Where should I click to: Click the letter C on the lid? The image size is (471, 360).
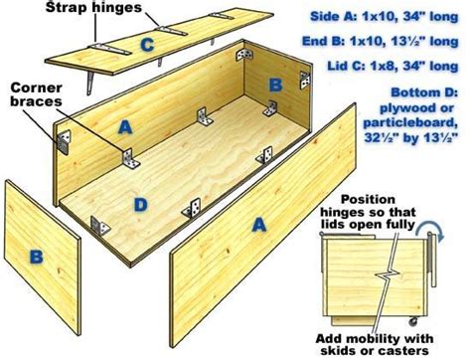point(147,45)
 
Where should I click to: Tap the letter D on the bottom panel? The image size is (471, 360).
point(141,205)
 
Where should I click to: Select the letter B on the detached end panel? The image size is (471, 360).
point(37,257)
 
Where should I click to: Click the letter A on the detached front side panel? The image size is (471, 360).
point(259,225)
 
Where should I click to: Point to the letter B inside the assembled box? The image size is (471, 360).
point(275,85)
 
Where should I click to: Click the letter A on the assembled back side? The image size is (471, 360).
point(125,127)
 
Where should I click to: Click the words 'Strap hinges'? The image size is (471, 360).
point(93,7)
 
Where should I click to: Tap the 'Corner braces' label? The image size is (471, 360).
point(36,94)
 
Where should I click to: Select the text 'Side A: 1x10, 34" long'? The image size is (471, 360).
point(385,16)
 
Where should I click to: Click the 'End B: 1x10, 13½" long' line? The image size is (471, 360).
point(381,41)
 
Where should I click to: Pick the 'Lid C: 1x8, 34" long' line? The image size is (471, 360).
point(393,66)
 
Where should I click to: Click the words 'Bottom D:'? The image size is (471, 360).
point(424,92)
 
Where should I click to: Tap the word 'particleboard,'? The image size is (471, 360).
point(410,122)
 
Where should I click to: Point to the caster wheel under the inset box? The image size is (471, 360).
point(412,321)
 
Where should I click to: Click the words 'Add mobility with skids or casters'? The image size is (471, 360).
point(375,344)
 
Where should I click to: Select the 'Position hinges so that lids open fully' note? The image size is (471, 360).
point(368,212)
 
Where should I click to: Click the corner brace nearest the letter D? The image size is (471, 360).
point(99,226)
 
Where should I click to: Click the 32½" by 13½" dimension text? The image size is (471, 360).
point(411,137)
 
